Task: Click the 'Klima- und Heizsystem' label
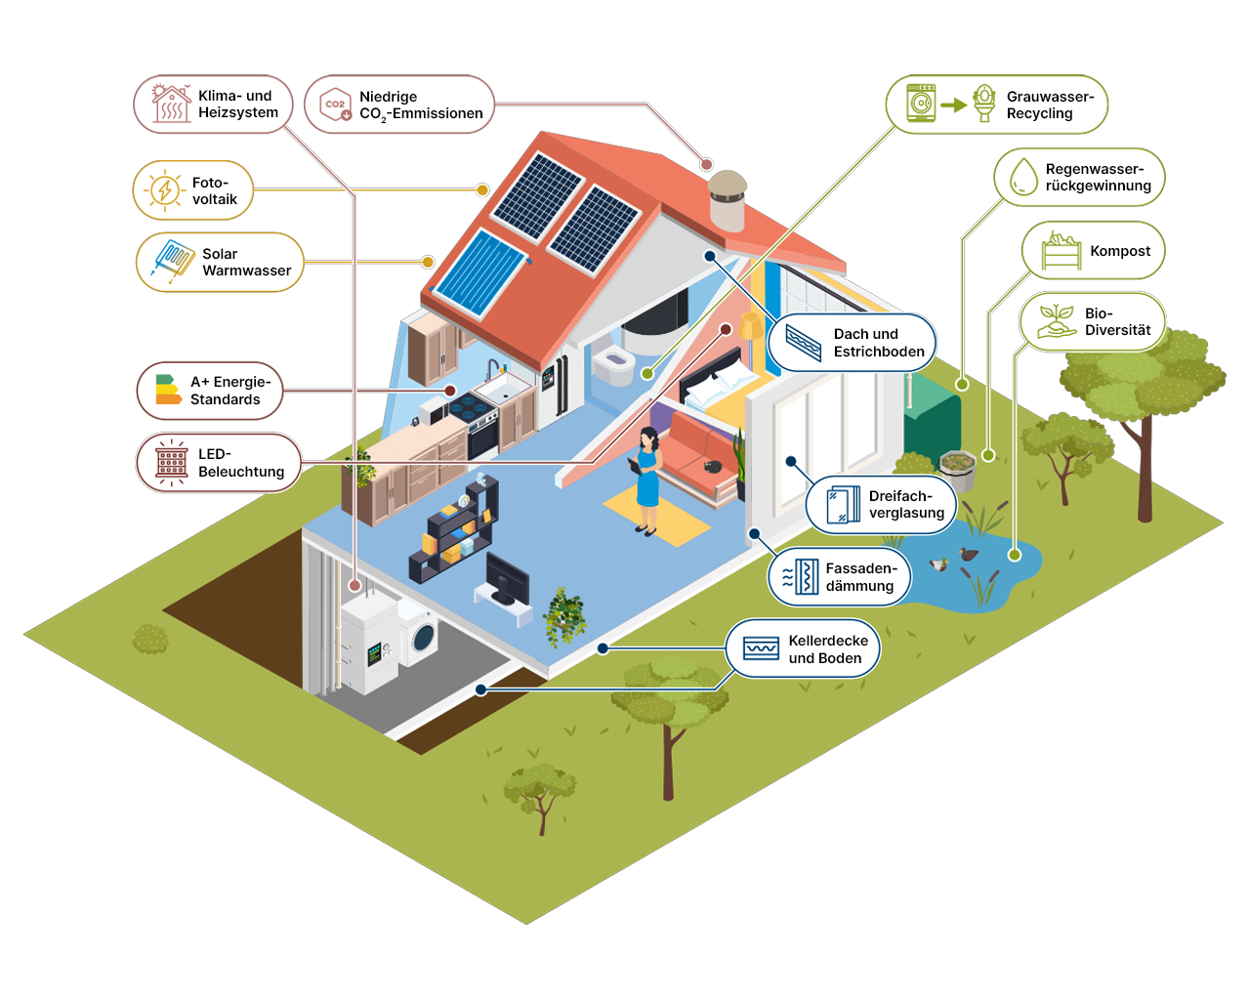pos(238,104)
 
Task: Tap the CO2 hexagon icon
pos(336,104)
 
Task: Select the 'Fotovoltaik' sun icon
pos(165,190)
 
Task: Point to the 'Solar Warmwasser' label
pos(246,262)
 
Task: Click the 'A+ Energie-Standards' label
pos(230,391)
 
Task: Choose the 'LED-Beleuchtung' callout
pos(219,463)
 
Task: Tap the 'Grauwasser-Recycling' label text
pos(1050,104)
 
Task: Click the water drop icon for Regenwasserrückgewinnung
pos(1023,177)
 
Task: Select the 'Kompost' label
pos(1120,250)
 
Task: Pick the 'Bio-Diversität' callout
pos(1092,322)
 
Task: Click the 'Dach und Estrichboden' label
pos(879,342)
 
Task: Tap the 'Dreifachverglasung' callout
pos(881,504)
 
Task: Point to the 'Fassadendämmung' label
pos(861,576)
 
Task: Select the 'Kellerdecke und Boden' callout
pos(802,648)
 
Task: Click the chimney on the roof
pos(728,200)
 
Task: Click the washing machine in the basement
pos(418,634)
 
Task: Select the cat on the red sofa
pos(712,466)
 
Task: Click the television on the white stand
pos(507,579)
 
